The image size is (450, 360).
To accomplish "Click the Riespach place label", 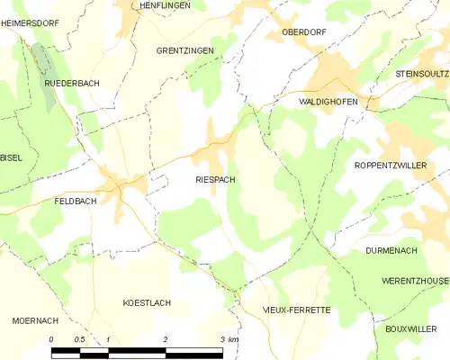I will pyautogui.click(x=215, y=180).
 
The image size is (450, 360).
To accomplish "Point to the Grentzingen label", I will pyautogui.click(x=184, y=51).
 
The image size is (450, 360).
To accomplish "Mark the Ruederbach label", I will pyautogui.click(x=72, y=83).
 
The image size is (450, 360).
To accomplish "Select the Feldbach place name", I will pyautogui.click(x=75, y=201).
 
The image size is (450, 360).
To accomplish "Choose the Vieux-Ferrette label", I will pyautogui.click(x=296, y=310).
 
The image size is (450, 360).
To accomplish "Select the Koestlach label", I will pyautogui.click(x=147, y=303).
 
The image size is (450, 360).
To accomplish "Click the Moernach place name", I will pyautogui.click(x=35, y=320).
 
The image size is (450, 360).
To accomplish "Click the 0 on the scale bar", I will pyautogui.click(x=51, y=339).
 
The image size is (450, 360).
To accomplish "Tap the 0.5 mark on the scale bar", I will pyautogui.click(x=79, y=339).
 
